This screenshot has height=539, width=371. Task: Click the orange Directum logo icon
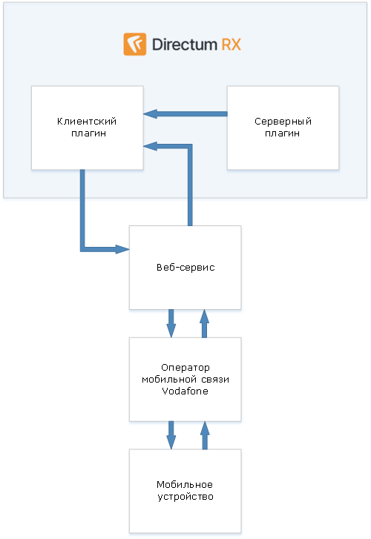135,44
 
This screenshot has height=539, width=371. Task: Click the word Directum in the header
185,44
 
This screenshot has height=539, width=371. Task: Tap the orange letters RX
231,44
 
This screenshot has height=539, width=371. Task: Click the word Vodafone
185,391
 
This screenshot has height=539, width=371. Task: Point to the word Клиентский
87,122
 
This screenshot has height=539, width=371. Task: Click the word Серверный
283,122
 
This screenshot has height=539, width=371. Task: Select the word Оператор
185,368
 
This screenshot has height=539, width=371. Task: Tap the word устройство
185,497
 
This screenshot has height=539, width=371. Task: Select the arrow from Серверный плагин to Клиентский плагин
185,113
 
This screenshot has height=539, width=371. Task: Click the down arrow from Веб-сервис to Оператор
171,323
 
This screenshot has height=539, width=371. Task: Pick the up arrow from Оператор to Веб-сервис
205,323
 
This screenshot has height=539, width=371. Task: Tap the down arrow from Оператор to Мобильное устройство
171,435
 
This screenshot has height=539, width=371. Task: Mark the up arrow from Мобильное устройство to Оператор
205,435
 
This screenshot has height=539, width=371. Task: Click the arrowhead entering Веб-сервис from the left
122,249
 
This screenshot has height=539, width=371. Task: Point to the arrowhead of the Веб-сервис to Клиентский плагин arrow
151,147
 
